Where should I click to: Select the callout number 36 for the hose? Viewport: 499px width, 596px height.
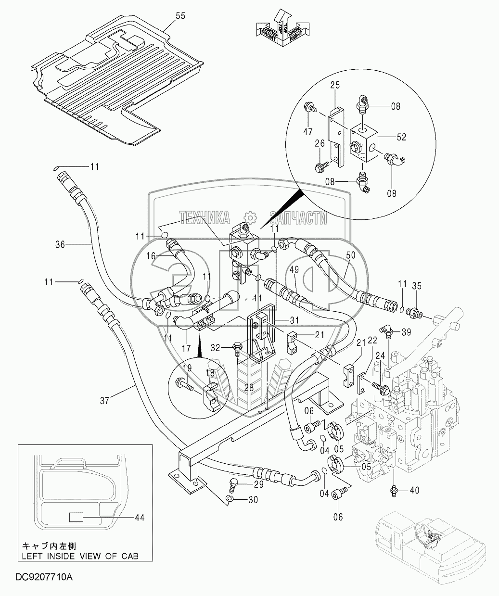(x=59, y=244)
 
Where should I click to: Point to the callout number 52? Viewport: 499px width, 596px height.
(x=401, y=137)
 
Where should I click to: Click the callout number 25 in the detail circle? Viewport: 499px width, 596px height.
(x=335, y=85)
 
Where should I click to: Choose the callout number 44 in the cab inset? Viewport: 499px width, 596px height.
(x=139, y=518)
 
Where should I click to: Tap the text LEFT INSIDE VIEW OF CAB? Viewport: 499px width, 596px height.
(x=80, y=556)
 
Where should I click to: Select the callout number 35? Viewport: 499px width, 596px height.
(x=417, y=286)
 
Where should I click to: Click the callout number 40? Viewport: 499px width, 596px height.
(x=415, y=491)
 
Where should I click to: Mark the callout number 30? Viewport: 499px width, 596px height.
(x=253, y=500)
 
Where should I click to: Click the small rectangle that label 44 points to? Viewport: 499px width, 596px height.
(x=77, y=518)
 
